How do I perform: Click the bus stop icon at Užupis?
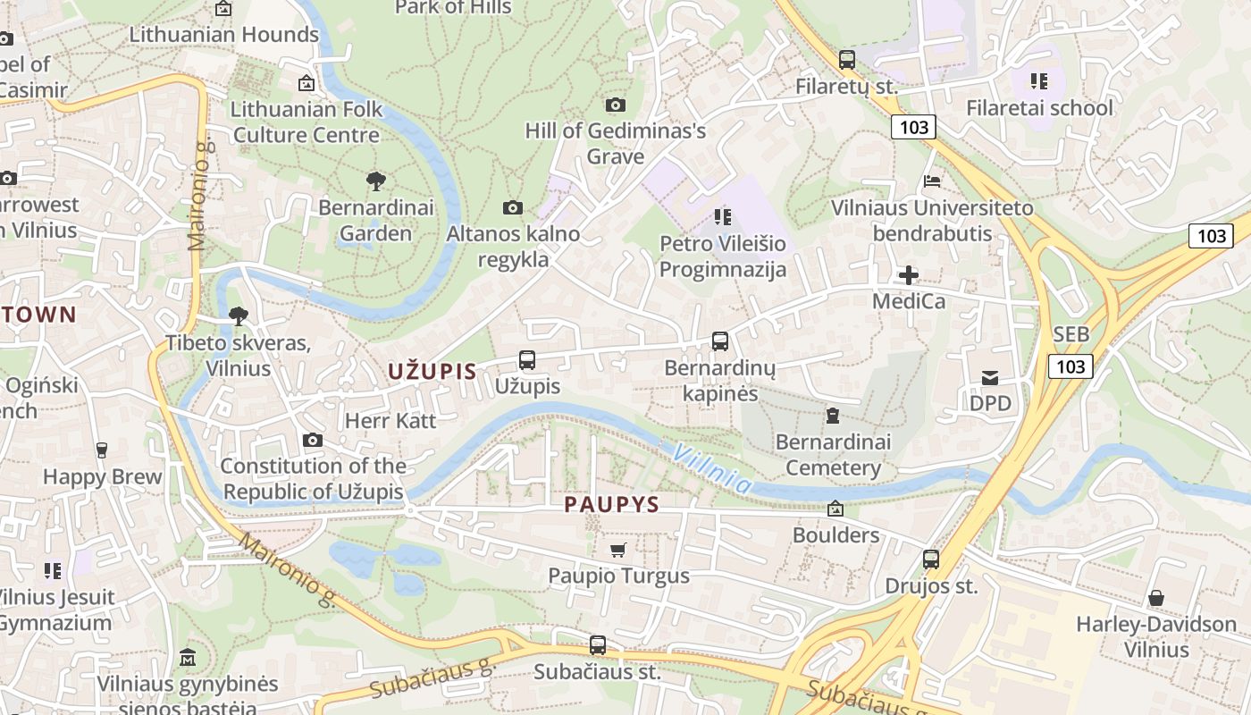527,360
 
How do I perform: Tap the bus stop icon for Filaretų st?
846,60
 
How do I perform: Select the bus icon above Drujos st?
931,559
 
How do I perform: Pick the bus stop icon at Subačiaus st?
598,644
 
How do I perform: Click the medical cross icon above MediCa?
908,275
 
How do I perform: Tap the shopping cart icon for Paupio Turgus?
617,549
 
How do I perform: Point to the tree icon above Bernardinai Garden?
376,181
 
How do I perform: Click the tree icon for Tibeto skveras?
238,315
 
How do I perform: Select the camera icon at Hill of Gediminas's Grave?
615,105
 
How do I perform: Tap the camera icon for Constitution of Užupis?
312,440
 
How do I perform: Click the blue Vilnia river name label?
712,468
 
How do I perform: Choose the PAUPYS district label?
611,505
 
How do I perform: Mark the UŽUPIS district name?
432,372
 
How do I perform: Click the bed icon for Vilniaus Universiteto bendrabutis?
932,181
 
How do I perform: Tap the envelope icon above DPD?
990,378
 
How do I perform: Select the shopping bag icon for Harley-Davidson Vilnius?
1155,598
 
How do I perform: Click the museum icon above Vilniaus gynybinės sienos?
188,658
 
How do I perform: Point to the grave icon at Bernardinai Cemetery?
833,416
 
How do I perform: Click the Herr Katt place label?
390,420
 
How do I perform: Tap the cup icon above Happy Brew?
102,450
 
